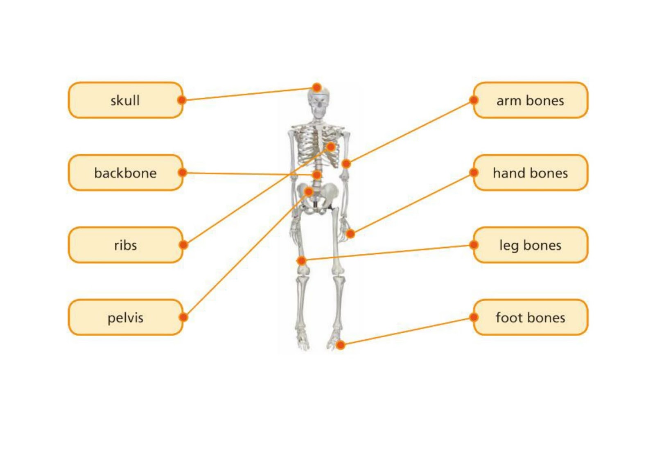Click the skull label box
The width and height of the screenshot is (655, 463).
click(125, 100)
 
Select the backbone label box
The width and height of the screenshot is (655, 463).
click(125, 173)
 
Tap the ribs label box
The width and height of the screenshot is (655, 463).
click(125, 245)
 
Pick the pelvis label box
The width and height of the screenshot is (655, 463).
click(125, 317)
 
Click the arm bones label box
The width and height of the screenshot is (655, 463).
click(530, 100)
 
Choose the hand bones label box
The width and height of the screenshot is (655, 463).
click(530, 173)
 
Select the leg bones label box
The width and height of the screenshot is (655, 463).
click(530, 245)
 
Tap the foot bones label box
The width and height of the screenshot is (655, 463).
click(530, 317)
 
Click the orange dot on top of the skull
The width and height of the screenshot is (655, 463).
click(316, 87)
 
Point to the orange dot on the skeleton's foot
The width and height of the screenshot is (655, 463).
click(340, 345)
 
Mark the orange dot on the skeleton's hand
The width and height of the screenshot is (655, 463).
click(350, 234)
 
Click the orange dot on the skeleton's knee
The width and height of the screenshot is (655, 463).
click(301, 260)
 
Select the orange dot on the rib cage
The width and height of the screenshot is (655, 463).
click(331, 147)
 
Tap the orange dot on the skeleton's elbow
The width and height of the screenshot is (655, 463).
click(346, 164)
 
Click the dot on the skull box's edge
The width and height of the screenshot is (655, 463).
click(182, 100)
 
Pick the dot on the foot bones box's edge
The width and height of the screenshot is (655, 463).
click(474, 317)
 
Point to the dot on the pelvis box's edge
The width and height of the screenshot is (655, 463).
click(183, 317)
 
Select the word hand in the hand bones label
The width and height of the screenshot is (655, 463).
click(508, 173)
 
